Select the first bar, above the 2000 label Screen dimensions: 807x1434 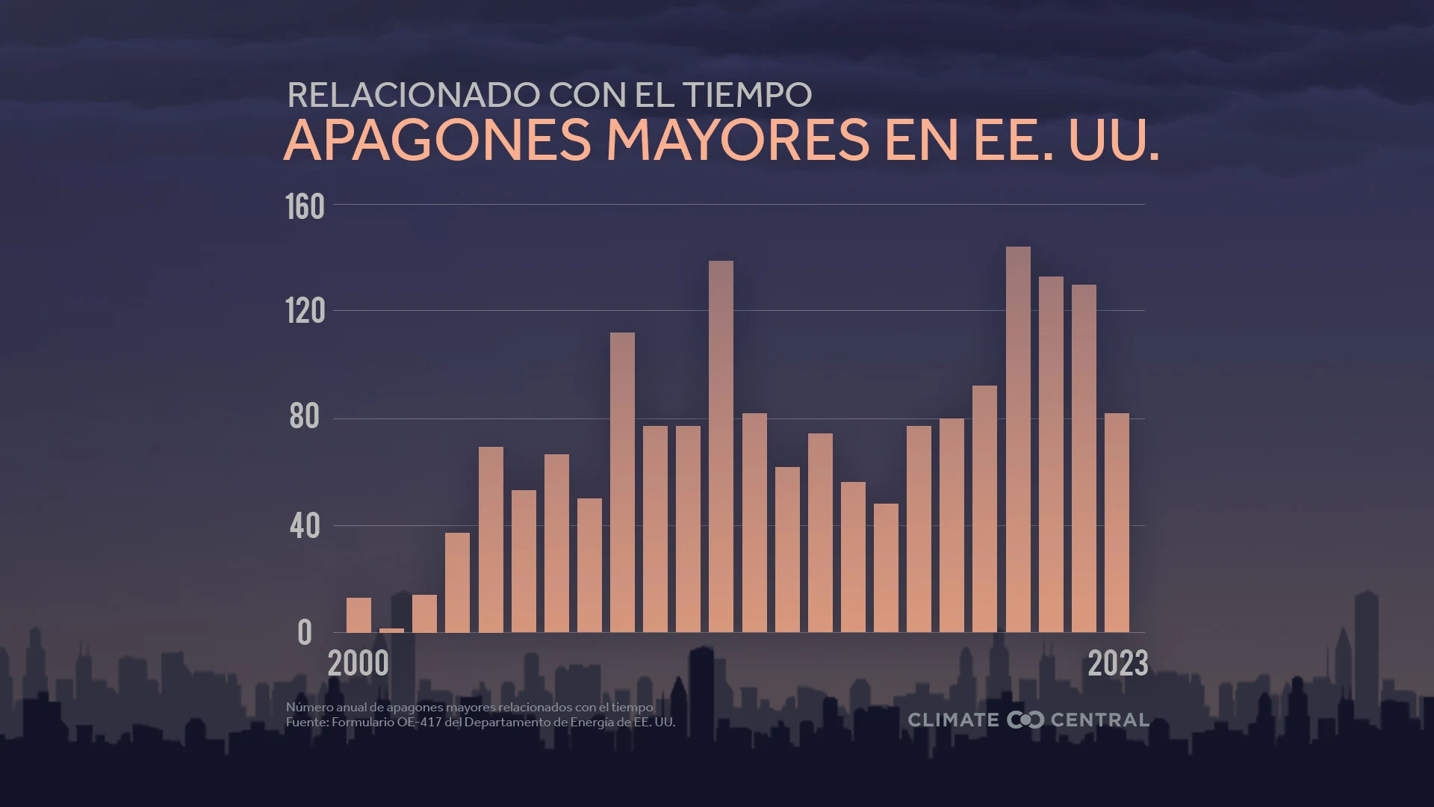pyautogui.click(x=358, y=615)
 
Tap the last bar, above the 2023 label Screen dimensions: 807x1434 pyautogui.click(x=1117, y=522)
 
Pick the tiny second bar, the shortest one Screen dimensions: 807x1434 pyautogui.click(x=391, y=630)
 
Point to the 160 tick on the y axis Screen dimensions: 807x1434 pyautogui.click(x=305, y=207)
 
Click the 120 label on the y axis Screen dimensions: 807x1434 pyautogui.click(x=305, y=311)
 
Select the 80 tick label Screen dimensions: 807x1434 pyautogui.click(x=305, y=417)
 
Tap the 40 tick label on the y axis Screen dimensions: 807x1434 pyautogui.click(x=305, y=526)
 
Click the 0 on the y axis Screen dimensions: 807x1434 pyautogui.click(x=304, y=633)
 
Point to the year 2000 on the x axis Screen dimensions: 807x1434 pyautogui.click(x=358, y=664)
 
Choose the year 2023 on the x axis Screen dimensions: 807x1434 pyautogui.click(x=1117, y=664)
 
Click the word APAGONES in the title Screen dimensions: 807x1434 pyautogui.click(x=437, y=140)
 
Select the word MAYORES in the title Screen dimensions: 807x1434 pyautogui.click(x=738, y=140)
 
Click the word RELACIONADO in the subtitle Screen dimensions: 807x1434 pyautogui.click(x=413, y=95)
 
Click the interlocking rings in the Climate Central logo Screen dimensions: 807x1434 pyautogui.click(x=1025, y=720)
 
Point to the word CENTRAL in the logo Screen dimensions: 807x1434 pyautogui.click(x=1099, y=720)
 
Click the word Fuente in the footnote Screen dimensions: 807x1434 pyautogui.click(x=306, y=723)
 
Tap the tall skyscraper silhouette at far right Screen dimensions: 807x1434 pyautogui.click(x=1366, y=650)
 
